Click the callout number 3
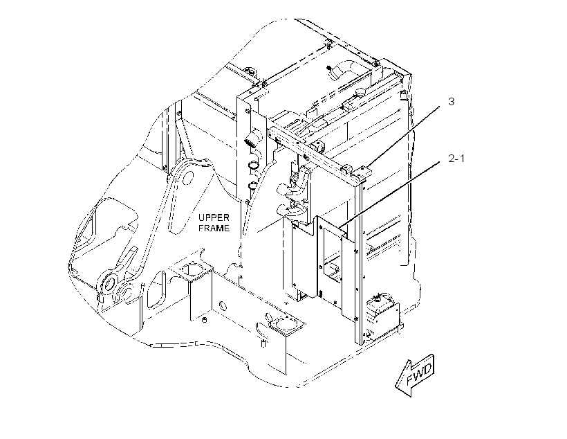point(451,101)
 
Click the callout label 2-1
point(456,159)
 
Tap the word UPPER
point(214,217)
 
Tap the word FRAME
point(214,229)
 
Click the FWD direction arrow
point(415,375)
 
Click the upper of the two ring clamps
point(253,165)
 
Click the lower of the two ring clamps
point(253,186)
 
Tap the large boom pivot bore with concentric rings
point(109,283)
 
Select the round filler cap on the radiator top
point(360,92)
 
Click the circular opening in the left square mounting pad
point(191,270)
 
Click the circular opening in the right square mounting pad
point(283,322)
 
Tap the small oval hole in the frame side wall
point(223,305)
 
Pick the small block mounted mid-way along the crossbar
point(320,147)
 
